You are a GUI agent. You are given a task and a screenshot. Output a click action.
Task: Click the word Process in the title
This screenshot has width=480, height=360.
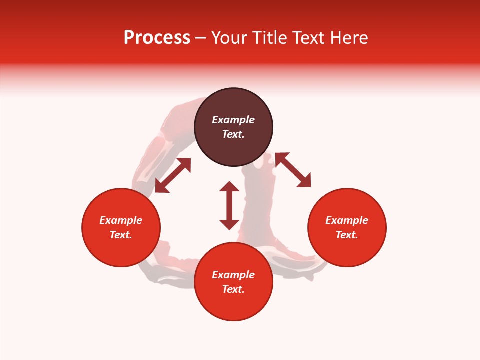(157, 38)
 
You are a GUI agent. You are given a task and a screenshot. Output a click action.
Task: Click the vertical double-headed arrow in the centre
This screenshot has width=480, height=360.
(229, 205)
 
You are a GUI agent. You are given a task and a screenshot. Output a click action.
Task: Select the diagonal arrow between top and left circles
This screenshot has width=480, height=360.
(173, 175)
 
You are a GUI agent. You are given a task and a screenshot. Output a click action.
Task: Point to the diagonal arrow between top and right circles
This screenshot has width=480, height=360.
(293, 170)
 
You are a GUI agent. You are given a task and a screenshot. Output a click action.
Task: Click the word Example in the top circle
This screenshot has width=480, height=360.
(233, 120)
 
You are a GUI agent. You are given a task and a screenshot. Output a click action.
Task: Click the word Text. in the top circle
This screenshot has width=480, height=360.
(233, 134)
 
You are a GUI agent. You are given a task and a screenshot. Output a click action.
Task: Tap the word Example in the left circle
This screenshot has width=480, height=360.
(121, 220)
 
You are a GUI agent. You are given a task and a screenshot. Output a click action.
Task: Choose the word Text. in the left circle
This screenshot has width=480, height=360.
(121, 235)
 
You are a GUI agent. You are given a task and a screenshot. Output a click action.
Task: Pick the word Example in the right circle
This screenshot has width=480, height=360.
(347, 220)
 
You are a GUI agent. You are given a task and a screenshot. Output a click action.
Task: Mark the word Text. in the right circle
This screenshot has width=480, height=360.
(347, 235)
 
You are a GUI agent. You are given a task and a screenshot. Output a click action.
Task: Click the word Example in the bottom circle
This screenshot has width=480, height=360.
(233, 275)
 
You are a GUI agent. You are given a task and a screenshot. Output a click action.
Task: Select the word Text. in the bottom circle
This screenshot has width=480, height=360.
(233, 289)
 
